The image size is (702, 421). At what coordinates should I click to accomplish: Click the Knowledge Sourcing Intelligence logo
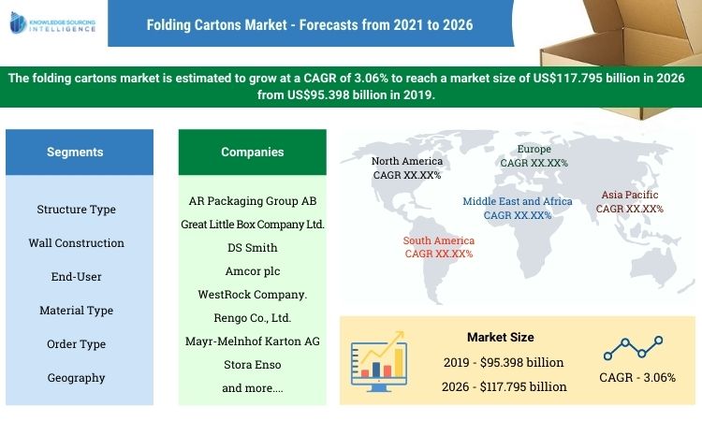pyautogui.click(x=54, y=22)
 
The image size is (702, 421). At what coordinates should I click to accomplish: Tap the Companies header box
pyautogui.click(x=252, y=152)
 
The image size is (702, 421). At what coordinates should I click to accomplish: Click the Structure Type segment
pyautogui.click(x=77, y=209)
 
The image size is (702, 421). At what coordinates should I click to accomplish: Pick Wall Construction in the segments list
pyautogui.click(x=77, y=242)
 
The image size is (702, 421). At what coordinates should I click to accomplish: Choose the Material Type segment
pyautogui.click(x=77, y=310)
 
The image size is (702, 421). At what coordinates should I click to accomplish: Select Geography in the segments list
pyautogui.click(x=77, y=378)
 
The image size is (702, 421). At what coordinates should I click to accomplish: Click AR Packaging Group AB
pyautogui.click(x=252, y=201)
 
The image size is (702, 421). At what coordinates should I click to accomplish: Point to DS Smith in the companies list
pyautogui.click(x=252, y=248)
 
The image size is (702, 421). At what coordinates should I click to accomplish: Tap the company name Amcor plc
pyautogui.click(x=252, y=270)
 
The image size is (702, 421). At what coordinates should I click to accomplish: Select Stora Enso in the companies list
pyautogui.click(x=252, y=364)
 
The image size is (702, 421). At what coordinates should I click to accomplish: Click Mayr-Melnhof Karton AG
pyautogui.click(x=252, y=341)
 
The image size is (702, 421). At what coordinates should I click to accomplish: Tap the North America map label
pyautogui.click(x=407, y=167)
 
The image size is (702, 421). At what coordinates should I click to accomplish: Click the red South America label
pyautogui.click(x=439, y=247)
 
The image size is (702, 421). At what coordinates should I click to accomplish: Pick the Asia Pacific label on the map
pyautogui.click(x=630, y=202)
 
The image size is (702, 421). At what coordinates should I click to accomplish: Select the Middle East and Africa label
pyautogui.click(x=518, y=208)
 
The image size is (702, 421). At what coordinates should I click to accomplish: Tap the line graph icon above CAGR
pyautogui.click(x=633, y=348)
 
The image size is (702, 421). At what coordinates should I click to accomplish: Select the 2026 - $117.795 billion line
pyautogui.click(x=505, y=385)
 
